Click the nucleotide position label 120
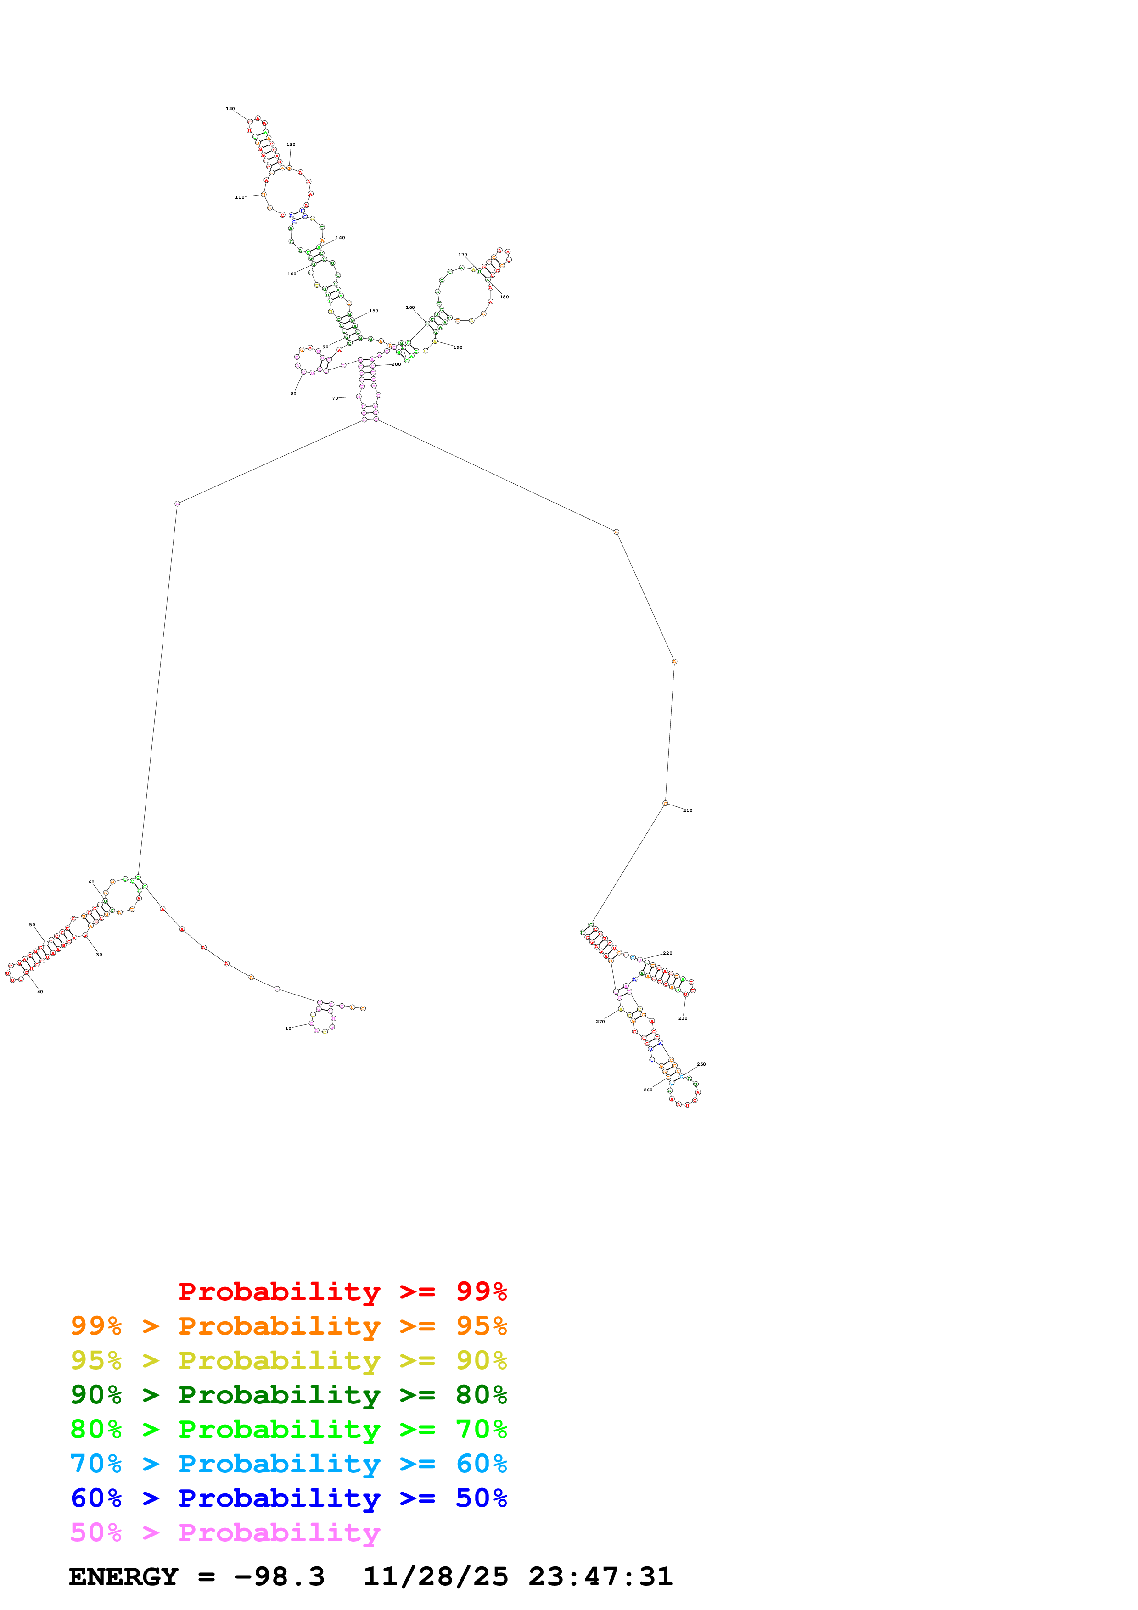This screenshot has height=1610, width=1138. (230, 109)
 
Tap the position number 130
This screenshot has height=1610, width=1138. (291, 145)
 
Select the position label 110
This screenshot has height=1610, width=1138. (240, 198)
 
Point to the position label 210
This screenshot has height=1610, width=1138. (688, 811)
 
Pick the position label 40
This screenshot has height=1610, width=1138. (40, 992)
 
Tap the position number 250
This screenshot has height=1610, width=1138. (701, 1064)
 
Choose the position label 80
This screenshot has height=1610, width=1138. (294, 394)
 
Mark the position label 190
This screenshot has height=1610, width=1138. (458, 348)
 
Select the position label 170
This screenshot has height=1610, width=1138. (463, 255)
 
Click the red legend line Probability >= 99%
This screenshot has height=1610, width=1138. (342, 1291)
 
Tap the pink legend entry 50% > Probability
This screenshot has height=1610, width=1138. (225, 1533)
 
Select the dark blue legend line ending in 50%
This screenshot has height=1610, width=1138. (288, 1498)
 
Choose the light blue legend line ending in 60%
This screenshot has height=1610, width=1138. (288, 1464)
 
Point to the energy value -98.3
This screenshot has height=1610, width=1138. (280, 1577)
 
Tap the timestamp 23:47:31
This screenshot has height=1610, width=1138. (600, 1577)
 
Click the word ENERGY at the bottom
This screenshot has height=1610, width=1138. (123, 1577)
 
